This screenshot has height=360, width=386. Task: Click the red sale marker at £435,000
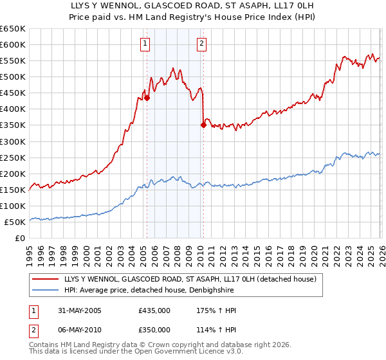coord(147,98)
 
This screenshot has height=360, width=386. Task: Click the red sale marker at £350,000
coord(203,125)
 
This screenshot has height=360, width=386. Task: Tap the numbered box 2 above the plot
coord(201,44)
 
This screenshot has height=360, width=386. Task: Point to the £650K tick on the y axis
coord(14,29)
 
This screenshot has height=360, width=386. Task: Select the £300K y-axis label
coord(14,141)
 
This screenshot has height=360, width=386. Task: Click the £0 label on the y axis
coord(20,238)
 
